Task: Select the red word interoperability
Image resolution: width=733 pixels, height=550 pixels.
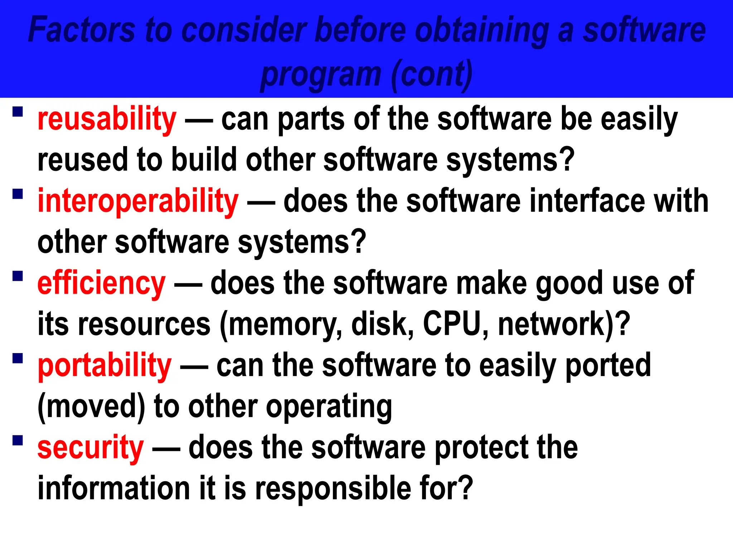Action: pyautogui.click(x=138, y=202)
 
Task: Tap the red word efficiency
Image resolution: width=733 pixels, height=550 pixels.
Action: pyautogui.click(x=101, y=284)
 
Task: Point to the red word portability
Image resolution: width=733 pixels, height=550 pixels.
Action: pyautogui.click(x=105, y=366)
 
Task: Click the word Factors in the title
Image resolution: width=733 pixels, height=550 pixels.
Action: pyautogui.click(x=82, y=30)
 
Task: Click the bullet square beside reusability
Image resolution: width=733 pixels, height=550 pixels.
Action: pyautogui.click(x=18, y=112)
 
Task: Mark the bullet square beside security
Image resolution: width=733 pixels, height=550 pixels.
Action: pyautogui.click(x=18, y=440)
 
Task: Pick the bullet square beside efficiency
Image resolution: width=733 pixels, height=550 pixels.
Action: pyautogui.click(x=18, y=276)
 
